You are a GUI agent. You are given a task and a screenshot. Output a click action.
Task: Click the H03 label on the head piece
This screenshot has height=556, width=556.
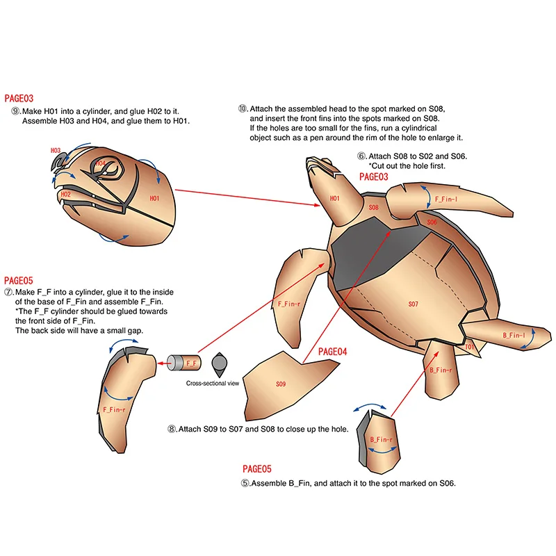56,150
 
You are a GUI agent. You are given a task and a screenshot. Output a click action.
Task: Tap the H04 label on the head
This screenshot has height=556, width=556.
101,163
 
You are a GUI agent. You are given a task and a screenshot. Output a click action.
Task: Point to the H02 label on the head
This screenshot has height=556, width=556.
65,195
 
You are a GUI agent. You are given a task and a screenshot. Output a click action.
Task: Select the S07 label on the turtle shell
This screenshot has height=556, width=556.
413,304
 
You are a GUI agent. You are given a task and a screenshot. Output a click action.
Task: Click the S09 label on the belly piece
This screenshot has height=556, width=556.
281,384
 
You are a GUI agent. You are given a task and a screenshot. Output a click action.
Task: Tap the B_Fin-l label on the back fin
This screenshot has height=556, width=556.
514,336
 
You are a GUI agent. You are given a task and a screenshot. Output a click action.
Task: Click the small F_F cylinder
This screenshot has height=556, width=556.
186,362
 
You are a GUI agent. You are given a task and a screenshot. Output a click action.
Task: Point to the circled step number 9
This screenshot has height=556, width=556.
15,111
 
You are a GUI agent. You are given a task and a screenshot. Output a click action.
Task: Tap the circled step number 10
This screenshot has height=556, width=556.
243,109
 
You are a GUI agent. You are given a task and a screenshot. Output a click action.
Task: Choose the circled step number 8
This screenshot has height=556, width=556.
172,430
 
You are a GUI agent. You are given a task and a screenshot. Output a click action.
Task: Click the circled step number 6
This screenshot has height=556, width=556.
361,156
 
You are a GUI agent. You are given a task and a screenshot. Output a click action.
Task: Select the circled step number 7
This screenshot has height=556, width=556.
8,293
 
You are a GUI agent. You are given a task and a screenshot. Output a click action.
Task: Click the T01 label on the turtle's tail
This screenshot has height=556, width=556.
470,346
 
